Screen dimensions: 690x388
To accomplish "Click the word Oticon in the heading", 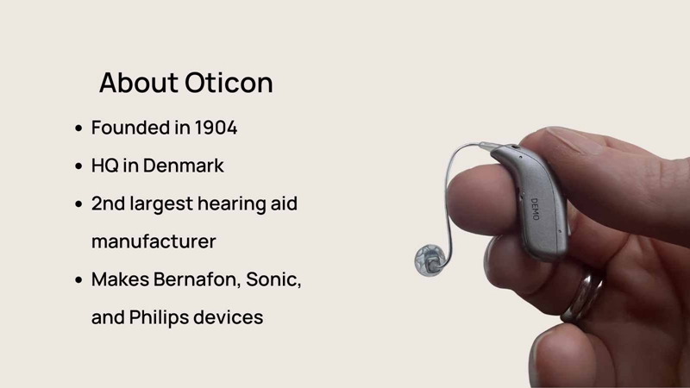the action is (x=229, y=83).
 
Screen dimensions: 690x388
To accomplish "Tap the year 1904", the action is (x=216, y=128).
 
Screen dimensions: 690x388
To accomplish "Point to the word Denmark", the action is (x=183, y=166).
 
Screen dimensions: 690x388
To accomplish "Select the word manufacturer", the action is (x=154, y=241).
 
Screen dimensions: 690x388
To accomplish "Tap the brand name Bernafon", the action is (x=196, y=279).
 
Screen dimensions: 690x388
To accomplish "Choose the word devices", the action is (x=228, y=317).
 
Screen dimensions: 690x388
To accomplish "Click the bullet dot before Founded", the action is (x=78, y=128).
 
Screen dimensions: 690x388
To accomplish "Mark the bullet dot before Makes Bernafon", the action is (x=78, y=279).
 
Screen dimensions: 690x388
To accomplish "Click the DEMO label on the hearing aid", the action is (x=535, y=209).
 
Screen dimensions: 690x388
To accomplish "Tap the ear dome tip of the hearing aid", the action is (x=430, y=260).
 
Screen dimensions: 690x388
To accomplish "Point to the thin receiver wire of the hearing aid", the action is (x=448, y=193).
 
